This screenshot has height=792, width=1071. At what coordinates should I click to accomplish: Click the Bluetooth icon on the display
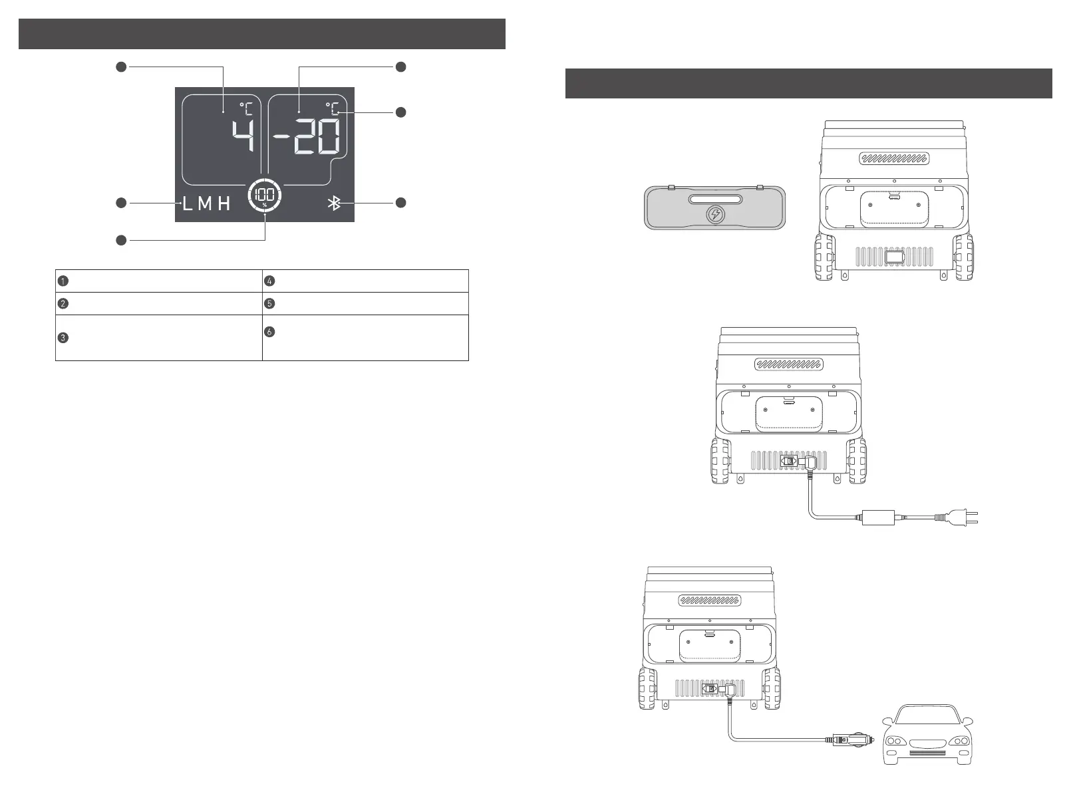[335, 203]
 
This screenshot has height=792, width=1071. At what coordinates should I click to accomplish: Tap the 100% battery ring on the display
[264, 197]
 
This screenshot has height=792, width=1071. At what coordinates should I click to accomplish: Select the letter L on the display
[187, 203]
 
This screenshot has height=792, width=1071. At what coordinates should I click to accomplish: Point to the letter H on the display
[224, 203]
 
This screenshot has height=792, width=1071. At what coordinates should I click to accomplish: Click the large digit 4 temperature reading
[243, 139]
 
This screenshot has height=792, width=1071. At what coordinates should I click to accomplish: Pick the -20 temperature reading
[308, 139]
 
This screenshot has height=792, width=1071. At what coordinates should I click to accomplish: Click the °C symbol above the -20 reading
[332, 108]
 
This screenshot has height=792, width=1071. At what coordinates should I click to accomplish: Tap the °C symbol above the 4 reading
[246, 108]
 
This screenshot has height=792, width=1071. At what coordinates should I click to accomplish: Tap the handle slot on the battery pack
[715, 199]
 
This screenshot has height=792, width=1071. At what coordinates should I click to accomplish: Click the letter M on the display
[205, 203]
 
